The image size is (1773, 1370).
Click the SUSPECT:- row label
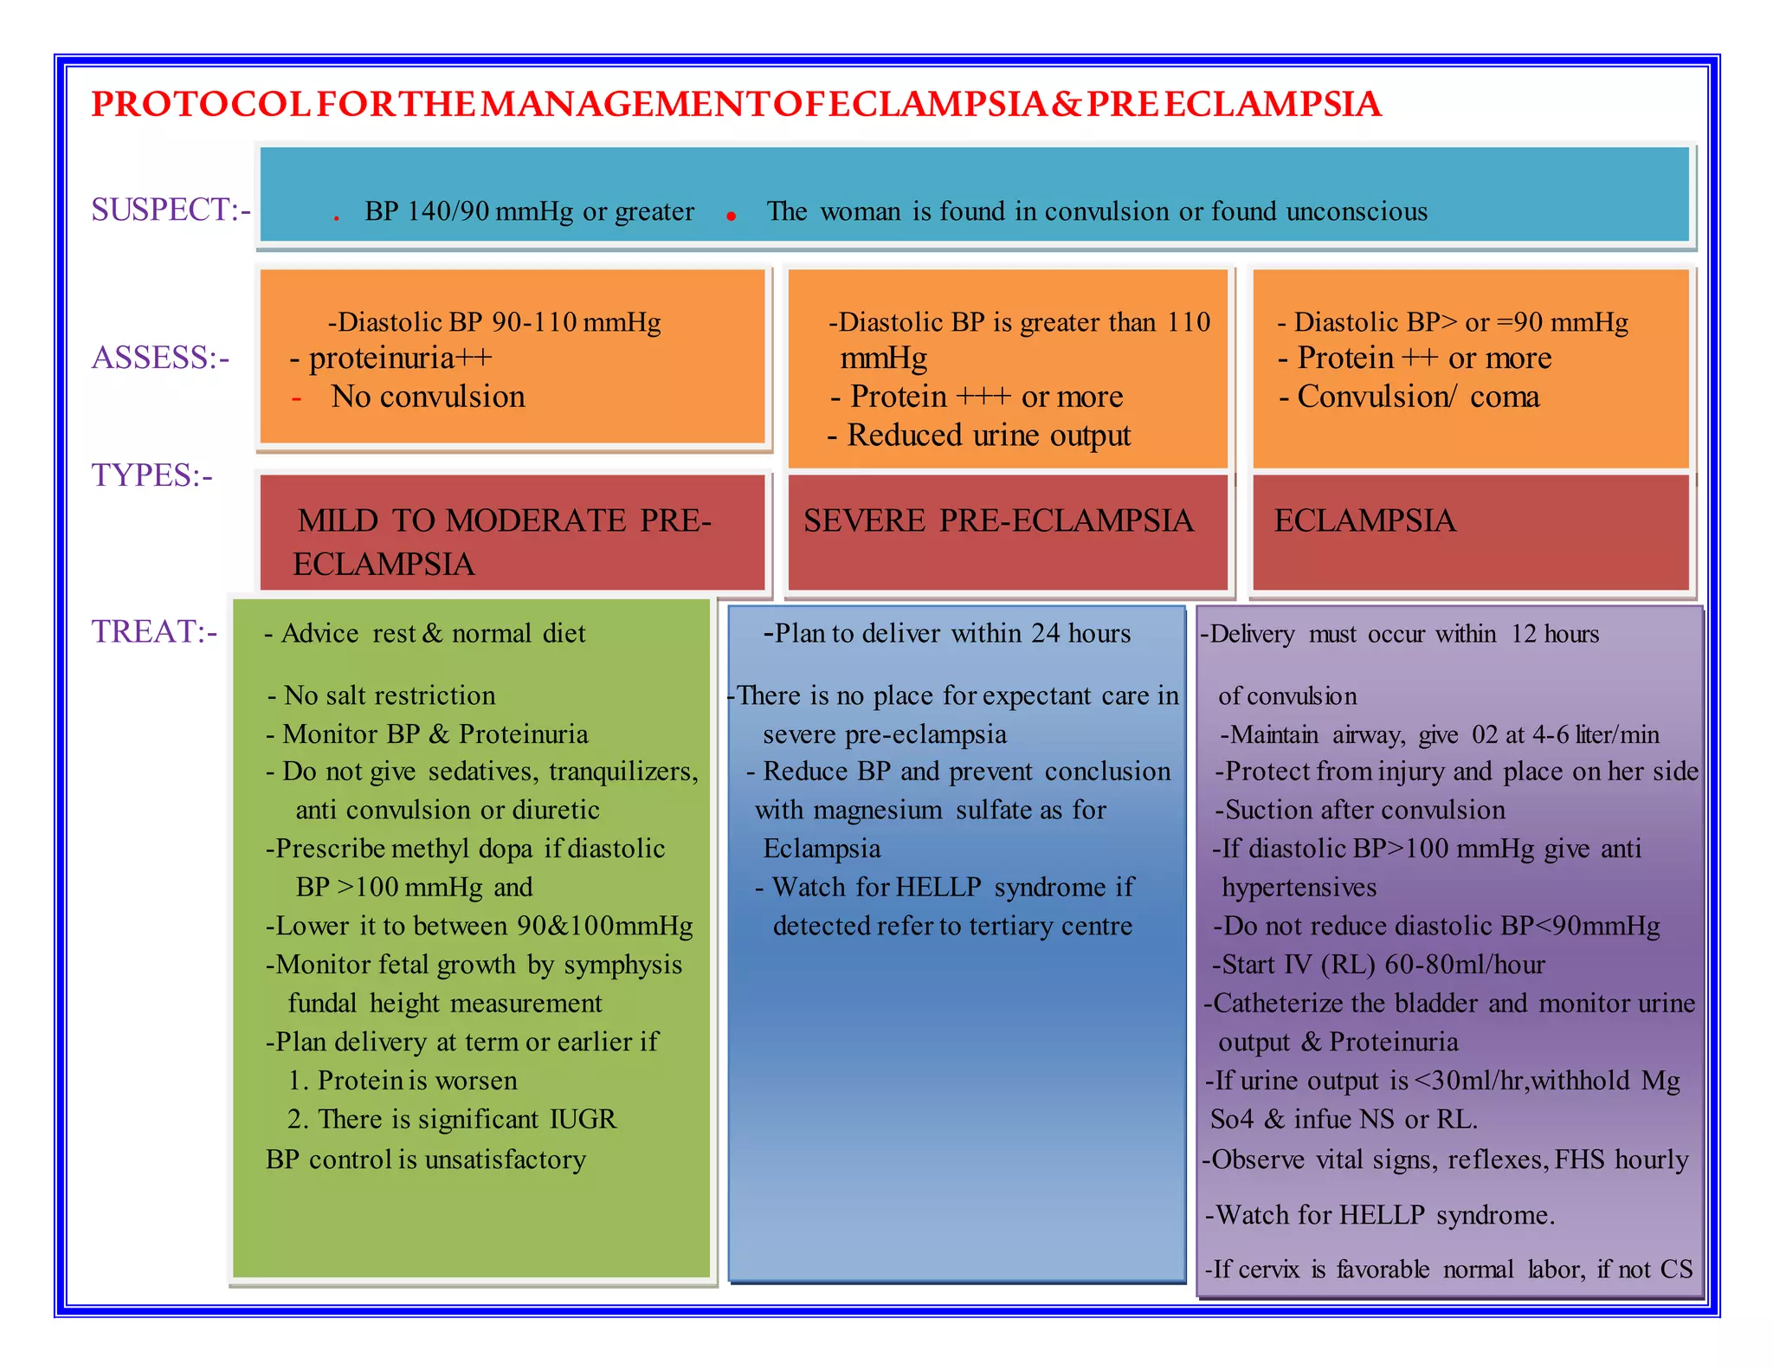171,210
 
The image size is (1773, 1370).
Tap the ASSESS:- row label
161,358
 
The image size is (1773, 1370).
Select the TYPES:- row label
152,475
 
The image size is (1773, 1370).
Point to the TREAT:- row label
154,631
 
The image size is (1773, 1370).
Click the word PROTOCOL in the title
201,104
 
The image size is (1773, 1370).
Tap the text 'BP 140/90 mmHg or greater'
529,211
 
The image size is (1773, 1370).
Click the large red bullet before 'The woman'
732,216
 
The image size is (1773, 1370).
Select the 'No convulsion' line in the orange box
428,397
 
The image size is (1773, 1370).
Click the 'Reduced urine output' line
988,435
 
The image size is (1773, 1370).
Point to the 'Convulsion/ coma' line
1417,397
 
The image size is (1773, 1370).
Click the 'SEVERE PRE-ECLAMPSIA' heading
998,520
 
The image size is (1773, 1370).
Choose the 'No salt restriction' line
389,695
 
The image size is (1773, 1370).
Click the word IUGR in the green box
583,1119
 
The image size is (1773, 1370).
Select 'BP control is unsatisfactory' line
426,1160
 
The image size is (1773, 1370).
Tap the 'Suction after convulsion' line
1364,810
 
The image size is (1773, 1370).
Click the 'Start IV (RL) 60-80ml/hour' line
1383,964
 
